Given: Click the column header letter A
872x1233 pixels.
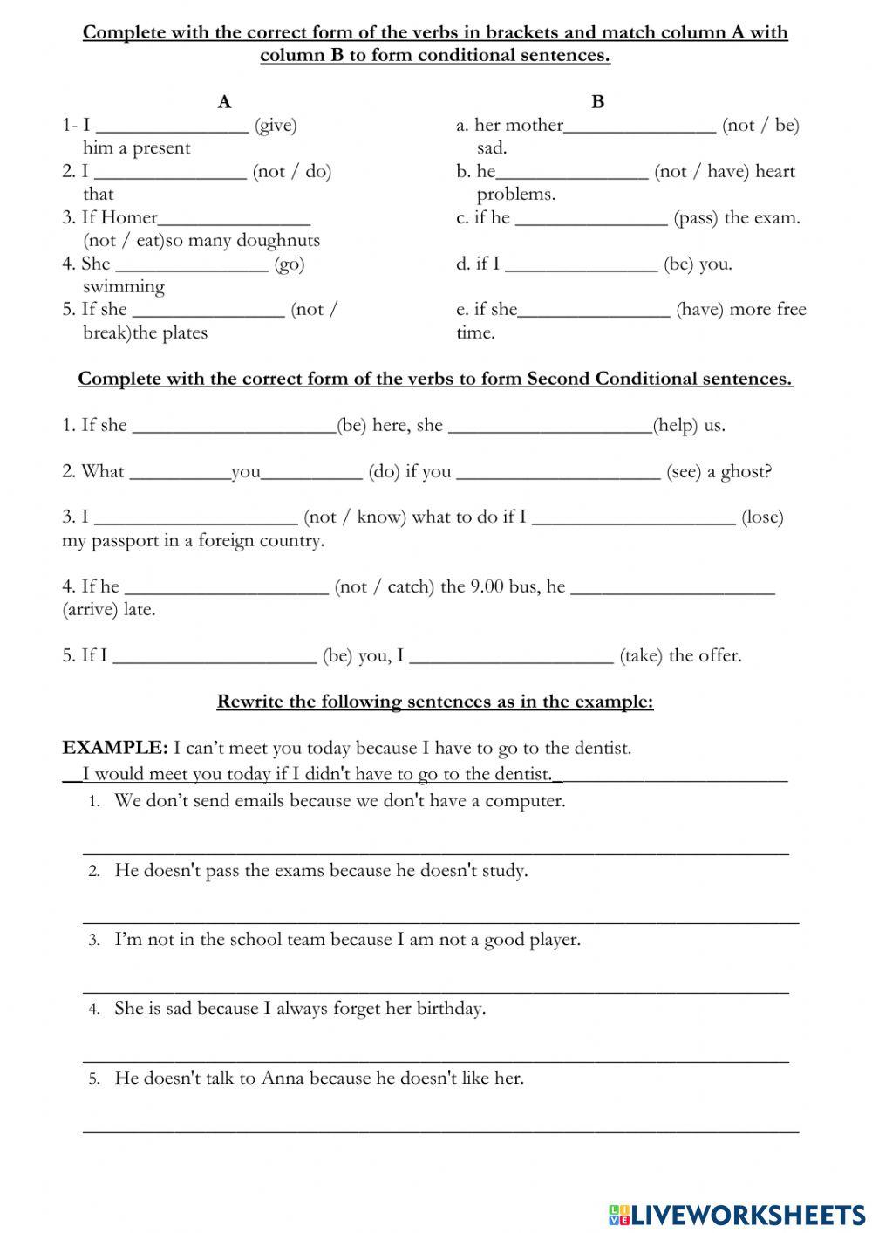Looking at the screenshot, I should click(x=224, y=102).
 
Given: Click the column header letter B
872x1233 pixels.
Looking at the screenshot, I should click(x=597, y=102).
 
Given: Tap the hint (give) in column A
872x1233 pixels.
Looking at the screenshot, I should click(x=276, y=126).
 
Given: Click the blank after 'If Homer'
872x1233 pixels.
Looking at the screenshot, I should click(x=235, y=217).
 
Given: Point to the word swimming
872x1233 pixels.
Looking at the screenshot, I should click(x=123, y=287).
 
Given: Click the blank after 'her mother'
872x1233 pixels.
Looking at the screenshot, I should click(x=640, y=126).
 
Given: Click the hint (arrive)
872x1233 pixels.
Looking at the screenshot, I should click(x=90, y=610).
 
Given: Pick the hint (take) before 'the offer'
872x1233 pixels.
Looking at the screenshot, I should click(x=641, y=656).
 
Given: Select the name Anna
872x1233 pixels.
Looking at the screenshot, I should click(x=283, y=1079).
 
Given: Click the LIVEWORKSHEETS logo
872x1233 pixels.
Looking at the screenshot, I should click(x=737, y=1214).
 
